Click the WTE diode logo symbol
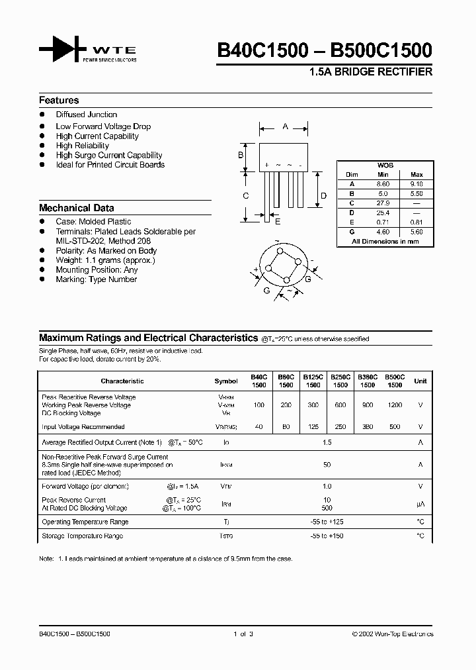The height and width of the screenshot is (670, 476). pos(63,50)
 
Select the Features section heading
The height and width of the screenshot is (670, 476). pos(59,101)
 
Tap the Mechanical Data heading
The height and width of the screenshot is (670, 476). pos(76,208)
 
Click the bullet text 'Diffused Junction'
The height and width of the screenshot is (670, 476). pos(86,115)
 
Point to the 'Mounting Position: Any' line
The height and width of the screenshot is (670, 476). pos(97,270)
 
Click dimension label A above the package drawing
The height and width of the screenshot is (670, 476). pos(285,126)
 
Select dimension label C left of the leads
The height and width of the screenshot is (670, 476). pos(245,195)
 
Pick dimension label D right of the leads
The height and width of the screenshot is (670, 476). pos(323,195)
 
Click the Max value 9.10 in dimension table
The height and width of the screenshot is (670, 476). pos(416,184)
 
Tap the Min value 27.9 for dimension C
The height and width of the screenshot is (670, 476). pos(383,203)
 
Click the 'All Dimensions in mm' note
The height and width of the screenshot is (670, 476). pos(385,242)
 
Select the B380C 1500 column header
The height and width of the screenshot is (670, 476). pos(367,381)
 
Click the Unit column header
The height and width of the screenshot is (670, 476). pos(420,381)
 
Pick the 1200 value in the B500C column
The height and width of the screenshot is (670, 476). pos(394,405)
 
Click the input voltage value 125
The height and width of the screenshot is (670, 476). pos(313,427)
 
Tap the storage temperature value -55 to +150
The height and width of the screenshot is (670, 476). pos(327,536)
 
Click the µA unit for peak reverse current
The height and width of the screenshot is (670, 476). pos(420,504)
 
